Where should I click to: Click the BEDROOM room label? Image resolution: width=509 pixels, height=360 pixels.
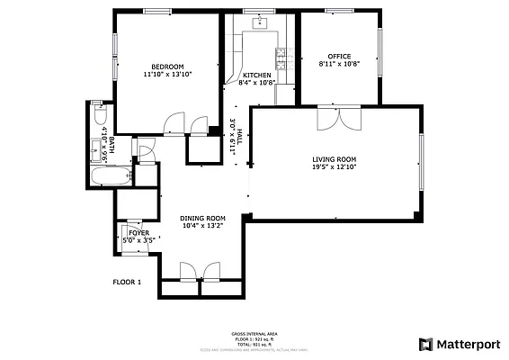[167, 67]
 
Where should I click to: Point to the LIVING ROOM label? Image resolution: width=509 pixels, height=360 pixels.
[334, 158]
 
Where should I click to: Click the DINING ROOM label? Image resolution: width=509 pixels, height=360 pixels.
[202, 219]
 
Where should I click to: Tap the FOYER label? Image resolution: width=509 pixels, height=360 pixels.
[138, 233]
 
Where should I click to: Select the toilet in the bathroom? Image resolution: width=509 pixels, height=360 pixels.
[100, 116]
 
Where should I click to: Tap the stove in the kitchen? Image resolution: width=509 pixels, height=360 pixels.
[281, 59]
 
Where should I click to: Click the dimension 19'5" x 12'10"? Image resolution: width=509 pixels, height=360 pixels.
[334, 166]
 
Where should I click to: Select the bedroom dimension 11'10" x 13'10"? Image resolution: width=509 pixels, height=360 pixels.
[167, 75]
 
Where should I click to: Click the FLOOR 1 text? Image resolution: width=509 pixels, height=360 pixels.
[127, 282]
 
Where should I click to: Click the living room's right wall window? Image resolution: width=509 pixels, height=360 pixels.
[421, 162]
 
